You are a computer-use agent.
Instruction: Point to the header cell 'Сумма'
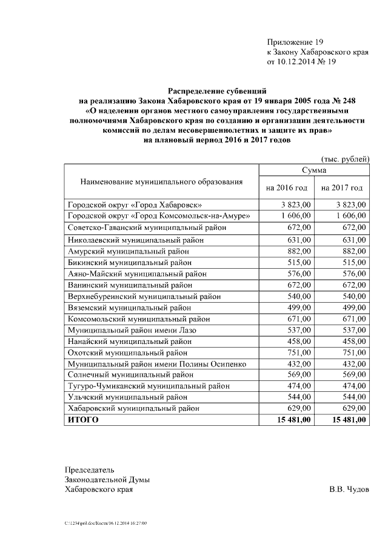point(314,171)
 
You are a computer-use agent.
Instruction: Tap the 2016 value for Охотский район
point(299,352)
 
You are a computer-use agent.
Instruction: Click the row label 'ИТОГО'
point(82,419)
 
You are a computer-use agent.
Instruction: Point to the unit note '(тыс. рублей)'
point(345,159)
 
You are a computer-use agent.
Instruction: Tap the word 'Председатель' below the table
point(89,469)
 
